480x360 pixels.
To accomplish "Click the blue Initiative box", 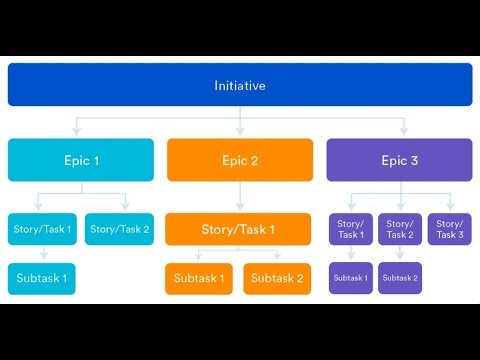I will pyautogui.click(x=240, y=85).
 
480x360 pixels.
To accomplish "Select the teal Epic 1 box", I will pyautogui.click(x=81, y=160).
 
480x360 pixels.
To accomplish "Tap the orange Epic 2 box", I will pyautogui.click(x=240, y=160).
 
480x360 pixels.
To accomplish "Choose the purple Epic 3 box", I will pyautogui.click(x=399, y=160).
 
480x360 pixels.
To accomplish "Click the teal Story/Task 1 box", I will pyautogui.click(x=42, y=230).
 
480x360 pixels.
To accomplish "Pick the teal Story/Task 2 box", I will pyautogui.click(x=119, y=230).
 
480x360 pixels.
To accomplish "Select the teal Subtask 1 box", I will pyautogui.click(x=42, y=278).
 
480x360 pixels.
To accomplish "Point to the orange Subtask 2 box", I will pyautogui.click(x=278, y=278).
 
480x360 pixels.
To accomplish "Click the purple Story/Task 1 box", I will pyautogui.click(x=350, y=230).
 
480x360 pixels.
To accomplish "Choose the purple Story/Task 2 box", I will pyautogui.click(x=399, y=230).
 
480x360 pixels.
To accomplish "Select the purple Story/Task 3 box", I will pyautogui.click(x=449, y=230).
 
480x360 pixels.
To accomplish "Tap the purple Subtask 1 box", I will pyautogui.click(x=350, y=278).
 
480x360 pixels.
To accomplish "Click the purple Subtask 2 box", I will pyautogui.click(x=399, y=278).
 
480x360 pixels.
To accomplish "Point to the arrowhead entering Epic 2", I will pyautogui.click(x=240, y=133).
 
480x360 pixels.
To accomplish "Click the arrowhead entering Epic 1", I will pyautogui.click(x=76, y=133).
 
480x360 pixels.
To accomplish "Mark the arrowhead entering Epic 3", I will pyautogui.click(x=404, y=133).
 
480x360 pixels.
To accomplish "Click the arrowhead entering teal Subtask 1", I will pyautogui.click(x=42, y=258).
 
